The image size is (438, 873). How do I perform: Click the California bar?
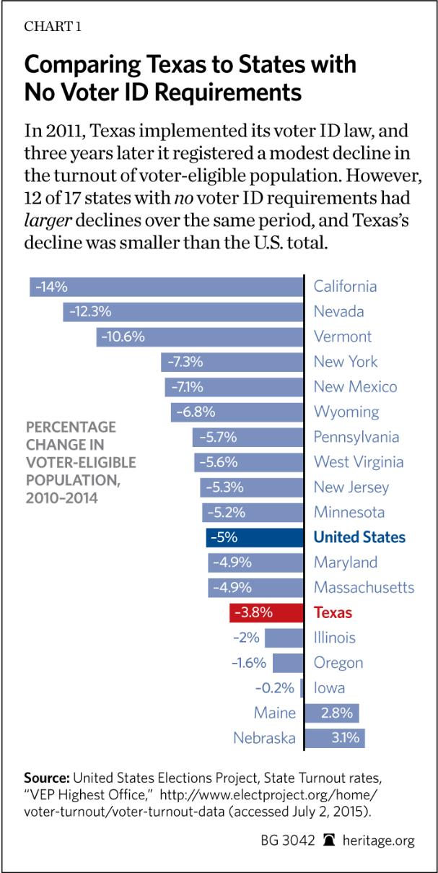pos(166,287)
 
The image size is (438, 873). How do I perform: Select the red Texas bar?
pos(266,613)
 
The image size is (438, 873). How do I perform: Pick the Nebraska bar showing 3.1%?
pos(335,738)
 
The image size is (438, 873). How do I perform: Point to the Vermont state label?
pos(343,336)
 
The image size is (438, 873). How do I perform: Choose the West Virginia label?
pos(358,462)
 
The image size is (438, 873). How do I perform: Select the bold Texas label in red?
pos(333,613)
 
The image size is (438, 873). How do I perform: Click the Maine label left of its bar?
pos(275,713)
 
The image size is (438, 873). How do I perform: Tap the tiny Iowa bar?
pos(302,688)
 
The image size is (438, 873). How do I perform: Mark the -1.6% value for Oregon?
pos(250,663)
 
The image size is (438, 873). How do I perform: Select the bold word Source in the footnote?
pos(47,778)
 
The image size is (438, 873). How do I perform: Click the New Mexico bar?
pos(234,387)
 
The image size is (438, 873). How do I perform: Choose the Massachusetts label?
pos(364,588)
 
